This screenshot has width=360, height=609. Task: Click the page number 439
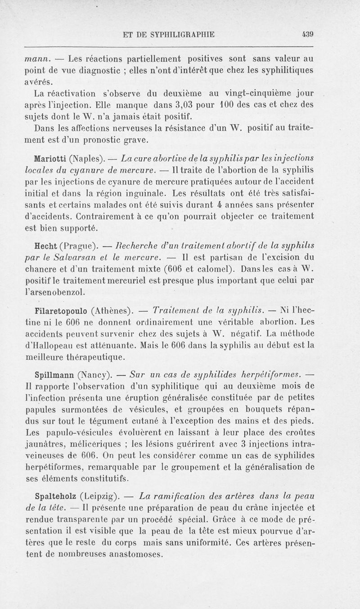[307, 33]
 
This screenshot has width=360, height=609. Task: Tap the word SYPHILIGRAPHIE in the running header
[180, 33]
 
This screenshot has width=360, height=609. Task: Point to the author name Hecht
[45, 246]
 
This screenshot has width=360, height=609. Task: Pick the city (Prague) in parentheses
[78, 247]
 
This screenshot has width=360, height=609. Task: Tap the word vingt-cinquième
[249, 94]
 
